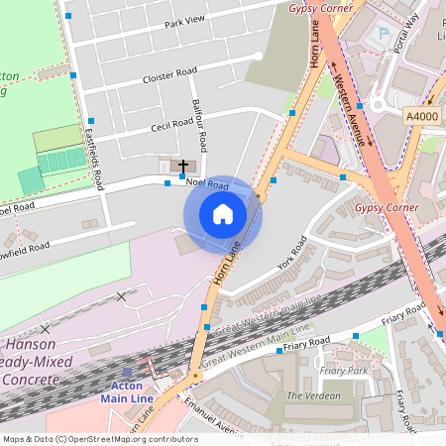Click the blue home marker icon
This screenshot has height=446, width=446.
[223, 214]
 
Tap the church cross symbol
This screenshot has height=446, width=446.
[183, 165]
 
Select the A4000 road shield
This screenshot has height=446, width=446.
[422, 115]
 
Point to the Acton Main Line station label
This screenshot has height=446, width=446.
[121, 391]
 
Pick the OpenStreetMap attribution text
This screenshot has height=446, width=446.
[100, 438]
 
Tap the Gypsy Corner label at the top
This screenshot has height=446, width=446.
[319, 8]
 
